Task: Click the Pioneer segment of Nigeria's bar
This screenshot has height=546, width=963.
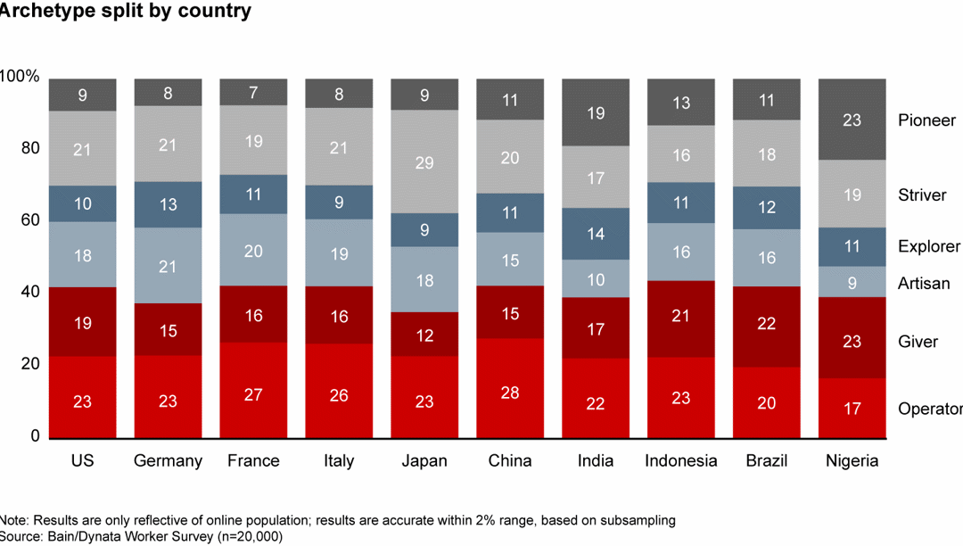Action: pos(852,120)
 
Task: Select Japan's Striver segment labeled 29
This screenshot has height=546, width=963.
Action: pos(424,162)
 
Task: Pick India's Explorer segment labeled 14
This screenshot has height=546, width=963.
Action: pos(596,234)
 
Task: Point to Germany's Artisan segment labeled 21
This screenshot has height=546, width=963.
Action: pos(168,266)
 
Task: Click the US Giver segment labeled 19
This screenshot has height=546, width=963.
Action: pos(82,322)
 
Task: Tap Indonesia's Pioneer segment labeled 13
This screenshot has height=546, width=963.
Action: pos(681,103)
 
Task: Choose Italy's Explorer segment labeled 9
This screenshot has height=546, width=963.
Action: pos(339,203)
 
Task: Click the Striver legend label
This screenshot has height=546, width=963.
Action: pos(922,195)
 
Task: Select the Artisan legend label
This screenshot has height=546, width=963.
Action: pos(924,284)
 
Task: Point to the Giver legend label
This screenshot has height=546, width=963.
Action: pos(918,342)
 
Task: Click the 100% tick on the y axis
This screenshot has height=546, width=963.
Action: pos(20,78)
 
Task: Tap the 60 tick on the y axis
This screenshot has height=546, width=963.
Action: pos(29,220)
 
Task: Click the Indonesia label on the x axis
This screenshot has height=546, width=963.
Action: pos(681,461)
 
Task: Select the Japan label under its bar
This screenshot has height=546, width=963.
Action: pos(424,461)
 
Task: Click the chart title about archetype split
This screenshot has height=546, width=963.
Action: pos(125,12)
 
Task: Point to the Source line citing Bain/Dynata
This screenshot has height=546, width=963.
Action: pos(142,536)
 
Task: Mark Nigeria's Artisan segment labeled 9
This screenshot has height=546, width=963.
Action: pos(852,282)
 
